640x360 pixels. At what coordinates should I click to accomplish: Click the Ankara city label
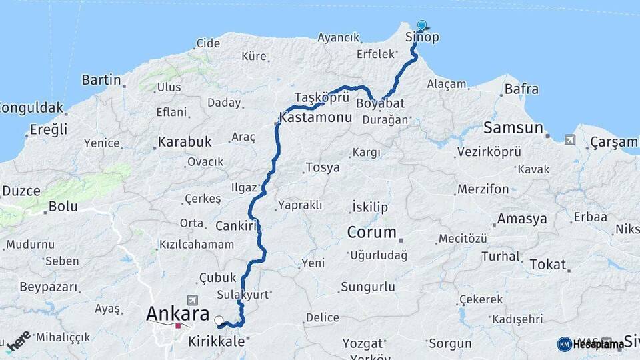point(177,314)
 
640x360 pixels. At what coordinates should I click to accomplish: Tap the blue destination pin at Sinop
point(421,25)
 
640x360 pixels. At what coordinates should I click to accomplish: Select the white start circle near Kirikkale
point(219,321)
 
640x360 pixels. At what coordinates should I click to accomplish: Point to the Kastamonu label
point(316,117)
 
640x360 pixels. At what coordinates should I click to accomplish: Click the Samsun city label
point(513,127)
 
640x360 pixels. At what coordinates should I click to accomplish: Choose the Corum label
point(371,233)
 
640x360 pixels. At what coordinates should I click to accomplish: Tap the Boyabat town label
point(381,104)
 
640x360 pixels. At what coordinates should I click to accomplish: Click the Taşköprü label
point(322,97)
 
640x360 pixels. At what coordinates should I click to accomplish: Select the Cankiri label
point(236,226)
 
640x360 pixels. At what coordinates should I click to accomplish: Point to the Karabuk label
point(185,142)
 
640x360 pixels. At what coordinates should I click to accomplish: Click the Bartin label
point(101,80)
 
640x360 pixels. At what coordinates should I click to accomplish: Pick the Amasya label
point(522,219)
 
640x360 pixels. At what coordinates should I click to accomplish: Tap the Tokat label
point(547,265)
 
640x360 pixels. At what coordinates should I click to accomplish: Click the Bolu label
point(63,207)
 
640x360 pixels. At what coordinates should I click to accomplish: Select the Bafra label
point(521,89)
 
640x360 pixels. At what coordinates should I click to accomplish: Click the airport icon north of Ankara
point(193,299)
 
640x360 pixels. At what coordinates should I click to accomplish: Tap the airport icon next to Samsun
point(570,139)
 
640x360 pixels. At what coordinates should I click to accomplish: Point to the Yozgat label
point(363,343)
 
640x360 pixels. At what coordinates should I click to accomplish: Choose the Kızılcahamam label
point(197,245)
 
